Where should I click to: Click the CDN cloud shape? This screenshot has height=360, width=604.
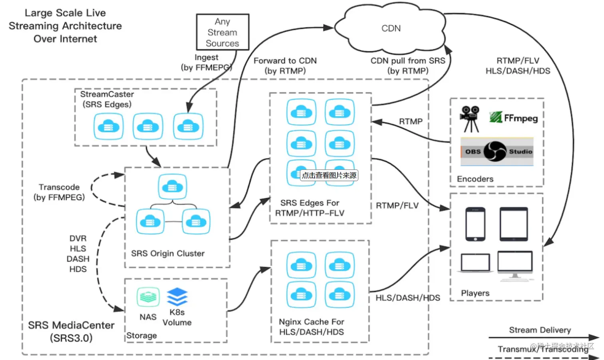pos(391,28)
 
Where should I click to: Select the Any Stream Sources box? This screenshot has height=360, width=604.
pos(223,32)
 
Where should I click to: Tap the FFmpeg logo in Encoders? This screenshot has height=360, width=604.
pos(513,117)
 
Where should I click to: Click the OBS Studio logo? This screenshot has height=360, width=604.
pos(497,151)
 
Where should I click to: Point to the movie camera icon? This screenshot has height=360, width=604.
pos(470,118)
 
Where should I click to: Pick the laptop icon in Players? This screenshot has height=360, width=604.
pos(475,263)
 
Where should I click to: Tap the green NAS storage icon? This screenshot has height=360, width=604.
pos(148,297)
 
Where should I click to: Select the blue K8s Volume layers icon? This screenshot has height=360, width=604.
pos(177,296)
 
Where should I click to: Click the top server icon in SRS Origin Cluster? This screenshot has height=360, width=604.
pos(173,186)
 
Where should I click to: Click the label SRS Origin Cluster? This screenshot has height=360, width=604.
pos(168,253)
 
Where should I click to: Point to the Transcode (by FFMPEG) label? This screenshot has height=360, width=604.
pos(59,192)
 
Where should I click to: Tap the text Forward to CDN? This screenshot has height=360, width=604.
pos(285,61)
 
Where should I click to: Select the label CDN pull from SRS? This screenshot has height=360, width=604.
pos(408,61)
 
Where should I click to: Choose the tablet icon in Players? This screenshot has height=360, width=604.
pos(513,224)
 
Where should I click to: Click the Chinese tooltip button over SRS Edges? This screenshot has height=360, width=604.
pos(329,175)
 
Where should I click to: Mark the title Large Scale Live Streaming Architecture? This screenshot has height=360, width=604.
pos(65,26)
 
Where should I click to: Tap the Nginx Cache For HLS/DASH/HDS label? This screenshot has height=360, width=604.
pos(312,327)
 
